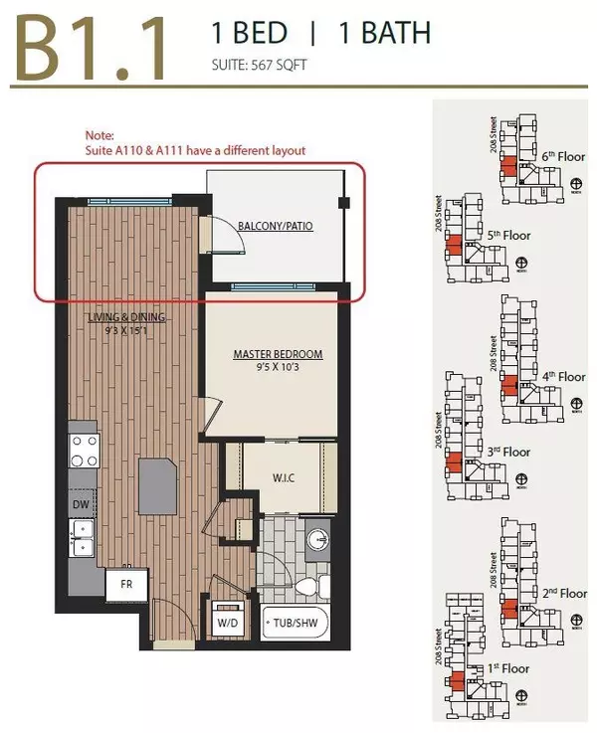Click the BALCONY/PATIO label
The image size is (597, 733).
pyautogui.click(x=275, y=227)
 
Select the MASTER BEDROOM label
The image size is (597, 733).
pyautogui.click(x=278, y=354)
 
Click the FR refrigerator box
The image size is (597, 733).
pyautogui.click(x=127, y=584)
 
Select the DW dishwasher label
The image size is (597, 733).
pyautogui.click(x=80, y=504)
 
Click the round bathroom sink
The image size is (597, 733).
pyautogui.click(x=317, y=540)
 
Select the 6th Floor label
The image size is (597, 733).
pyautogui.click(x=563, y=156)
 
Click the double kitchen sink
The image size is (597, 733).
pyautogui.click(x=81, y=543)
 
